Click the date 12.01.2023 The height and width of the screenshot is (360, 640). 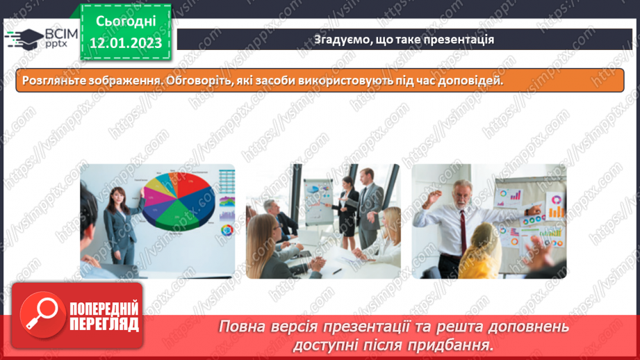click(126, 43)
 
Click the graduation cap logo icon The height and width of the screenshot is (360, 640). click(22, 37)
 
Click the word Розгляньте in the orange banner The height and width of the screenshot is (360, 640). click(49, 81)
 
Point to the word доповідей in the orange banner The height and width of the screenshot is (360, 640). click(472, 81)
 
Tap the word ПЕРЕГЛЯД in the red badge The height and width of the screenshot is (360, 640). click(104, 324)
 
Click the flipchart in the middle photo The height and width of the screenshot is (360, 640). click(320, 202)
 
